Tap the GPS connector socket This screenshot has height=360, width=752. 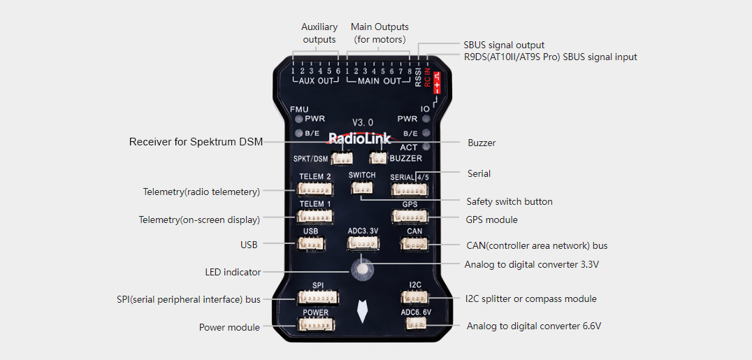coord(410,217)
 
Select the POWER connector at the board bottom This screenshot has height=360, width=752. coord(316,325)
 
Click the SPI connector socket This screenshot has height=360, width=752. coord(317,298)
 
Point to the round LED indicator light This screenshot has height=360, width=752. coord(361,268)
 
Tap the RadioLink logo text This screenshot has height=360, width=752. coord(359,138)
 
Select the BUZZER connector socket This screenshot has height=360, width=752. coord(377,157)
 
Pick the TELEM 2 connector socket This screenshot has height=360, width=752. coord(315,189)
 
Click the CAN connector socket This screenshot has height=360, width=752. coord(414,244)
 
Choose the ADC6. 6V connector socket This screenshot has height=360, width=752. coord(417,324)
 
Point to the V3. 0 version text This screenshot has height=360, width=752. coord(363,122)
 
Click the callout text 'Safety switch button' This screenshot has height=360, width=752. coord(509,201)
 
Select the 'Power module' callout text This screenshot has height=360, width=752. coord(229,327)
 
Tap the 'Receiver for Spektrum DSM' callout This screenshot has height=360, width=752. coord(196,142)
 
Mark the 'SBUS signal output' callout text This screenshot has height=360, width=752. coord(504,45)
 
